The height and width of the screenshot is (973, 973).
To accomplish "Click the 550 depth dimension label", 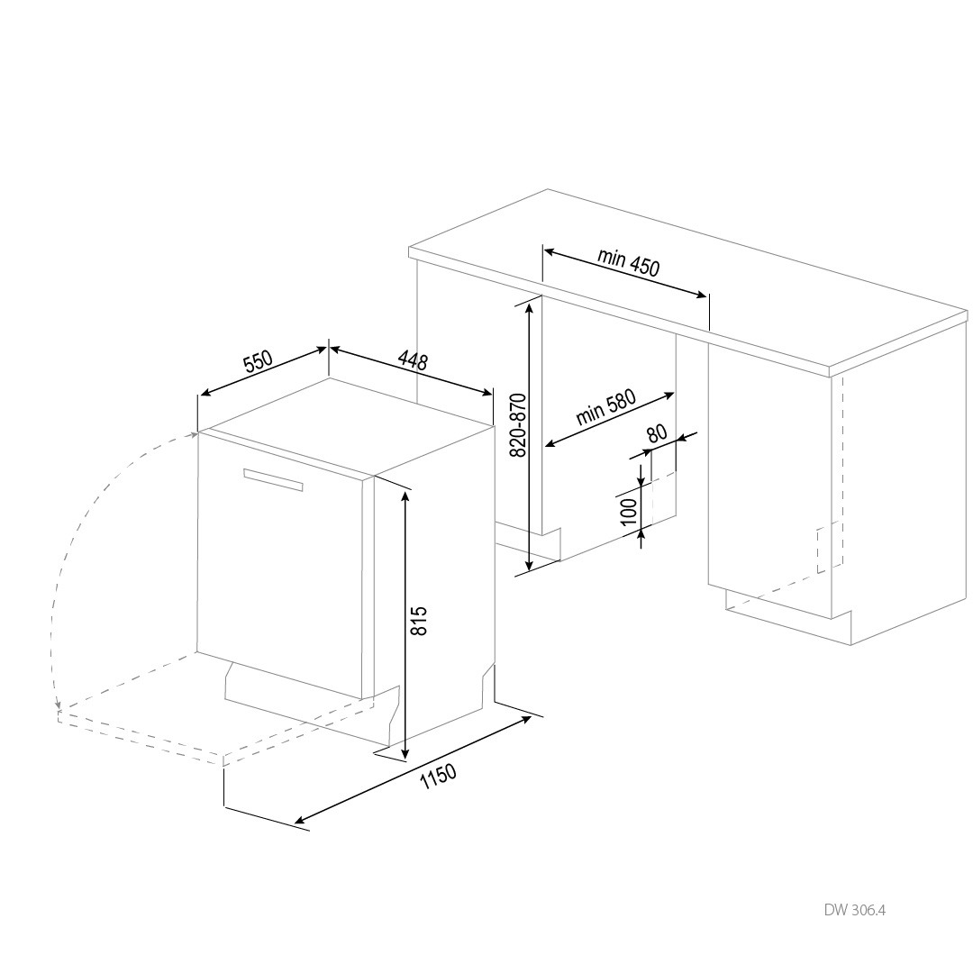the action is tap(259, 361).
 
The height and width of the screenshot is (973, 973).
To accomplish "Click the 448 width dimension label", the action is tap(413, 359).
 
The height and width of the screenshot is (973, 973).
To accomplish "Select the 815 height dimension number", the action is tap(420, 621).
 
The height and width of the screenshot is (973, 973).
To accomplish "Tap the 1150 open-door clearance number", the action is tap(438, 776).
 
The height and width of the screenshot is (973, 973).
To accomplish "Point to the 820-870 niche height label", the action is tap(517, 425).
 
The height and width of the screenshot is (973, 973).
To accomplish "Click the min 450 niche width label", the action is tap(629, 261).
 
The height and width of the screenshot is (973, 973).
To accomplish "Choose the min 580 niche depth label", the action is tap(606, 407).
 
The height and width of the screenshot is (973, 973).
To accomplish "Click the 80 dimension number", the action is tap(657, 433).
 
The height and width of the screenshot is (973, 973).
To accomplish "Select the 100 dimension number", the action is tap(629, 512).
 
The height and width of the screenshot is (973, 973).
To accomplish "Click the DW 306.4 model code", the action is tap(854, 910).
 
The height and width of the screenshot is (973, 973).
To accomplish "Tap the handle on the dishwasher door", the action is tap(273, 479).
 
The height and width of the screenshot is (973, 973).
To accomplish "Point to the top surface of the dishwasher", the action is tap(348, 428).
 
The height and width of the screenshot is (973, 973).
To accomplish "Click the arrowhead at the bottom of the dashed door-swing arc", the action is tap(58, 705).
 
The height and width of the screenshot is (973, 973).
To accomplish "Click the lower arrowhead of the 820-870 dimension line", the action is tap(529, 564).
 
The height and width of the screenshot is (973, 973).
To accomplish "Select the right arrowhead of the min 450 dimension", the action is tap(701, 295).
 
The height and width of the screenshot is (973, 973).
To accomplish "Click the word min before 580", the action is tap(588, 415).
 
